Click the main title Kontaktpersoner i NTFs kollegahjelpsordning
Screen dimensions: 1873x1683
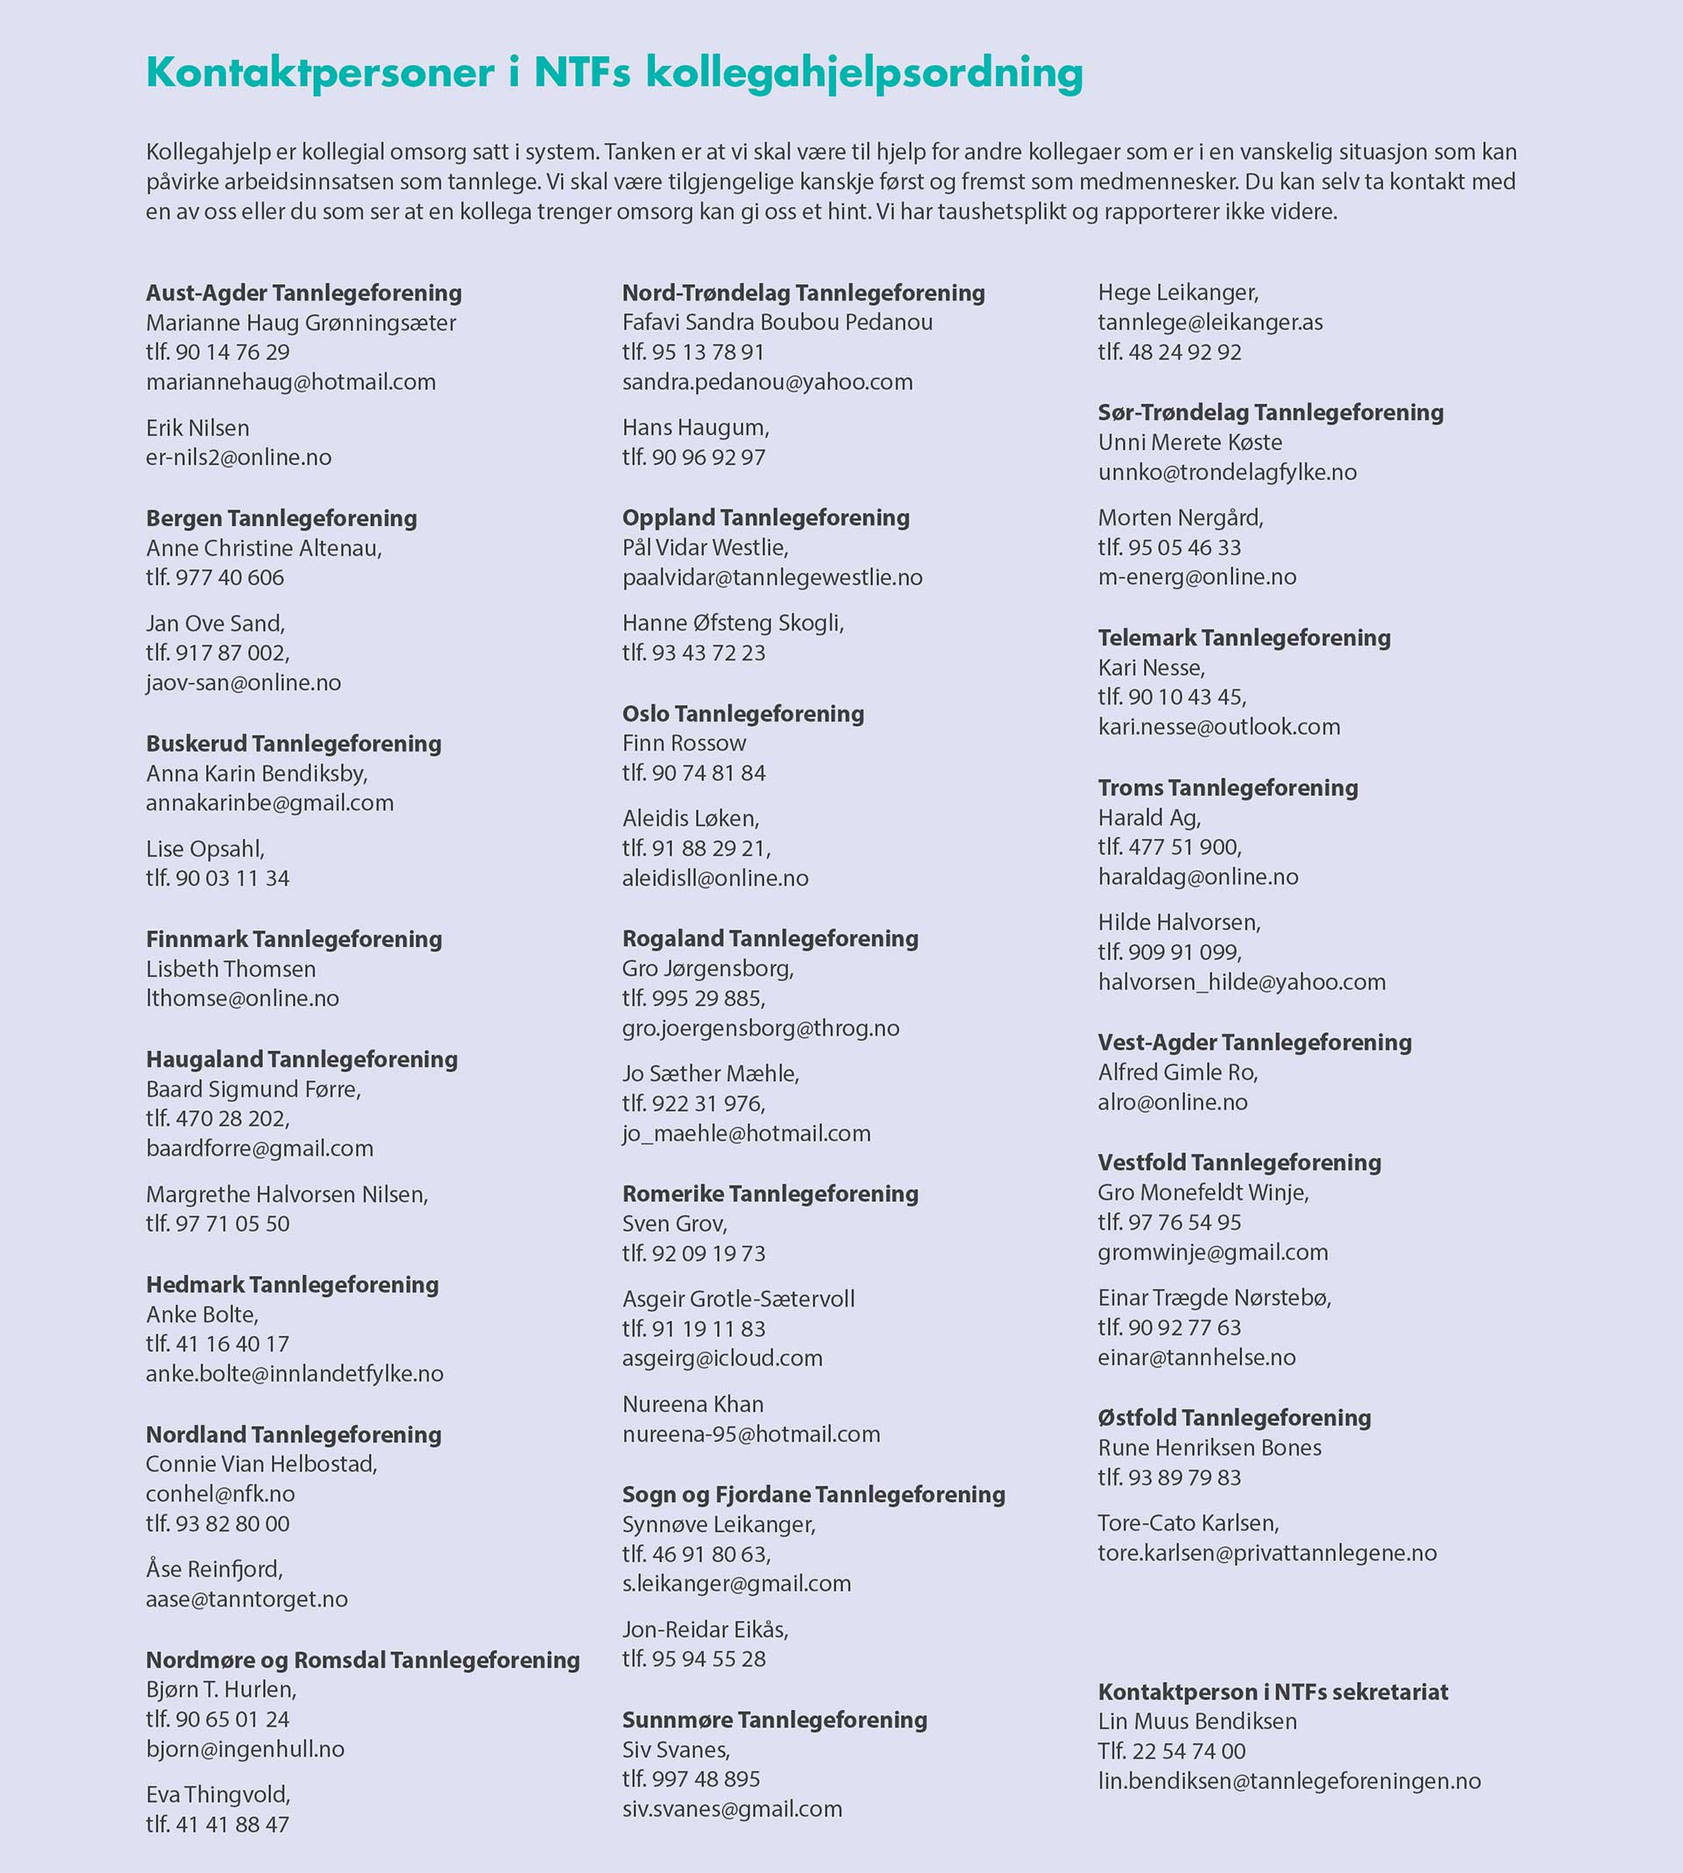(x=614, y=74)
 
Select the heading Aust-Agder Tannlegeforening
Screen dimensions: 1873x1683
(x=303, y=293)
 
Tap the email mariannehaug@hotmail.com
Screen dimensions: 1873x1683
(x=290, y=382)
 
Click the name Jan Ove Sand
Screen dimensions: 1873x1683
(x=215, y=623)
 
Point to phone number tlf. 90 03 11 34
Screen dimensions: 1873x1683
(x=217, y=878)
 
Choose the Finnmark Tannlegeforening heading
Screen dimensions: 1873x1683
(x=294, y=939)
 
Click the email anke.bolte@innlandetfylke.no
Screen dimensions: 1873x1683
(x=294, y=1373)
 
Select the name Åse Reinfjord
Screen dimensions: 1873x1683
(x=214, y=1569)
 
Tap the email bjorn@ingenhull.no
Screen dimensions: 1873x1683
(x=245, y=1749)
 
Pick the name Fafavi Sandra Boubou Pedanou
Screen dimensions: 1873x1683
(x=777, y=322)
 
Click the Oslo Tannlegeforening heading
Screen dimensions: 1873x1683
(x=742, y=713)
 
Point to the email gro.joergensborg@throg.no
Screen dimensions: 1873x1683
(x=760, y=1028)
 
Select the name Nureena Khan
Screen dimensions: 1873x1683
(x=692, y=1404)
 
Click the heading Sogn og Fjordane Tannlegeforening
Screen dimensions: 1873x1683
(x=813, y=1494)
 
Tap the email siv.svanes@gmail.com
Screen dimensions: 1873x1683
(x=731, y=1808)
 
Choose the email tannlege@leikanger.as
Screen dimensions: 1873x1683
(x=1210, y=322)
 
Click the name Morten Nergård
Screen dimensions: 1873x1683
(x=1180, y=517)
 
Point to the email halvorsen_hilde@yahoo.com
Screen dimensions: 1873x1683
(x=1241, y=981)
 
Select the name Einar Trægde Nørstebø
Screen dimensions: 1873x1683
(x=1214, y=1298)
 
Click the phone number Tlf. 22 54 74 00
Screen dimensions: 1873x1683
(x=1171, y=1751)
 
